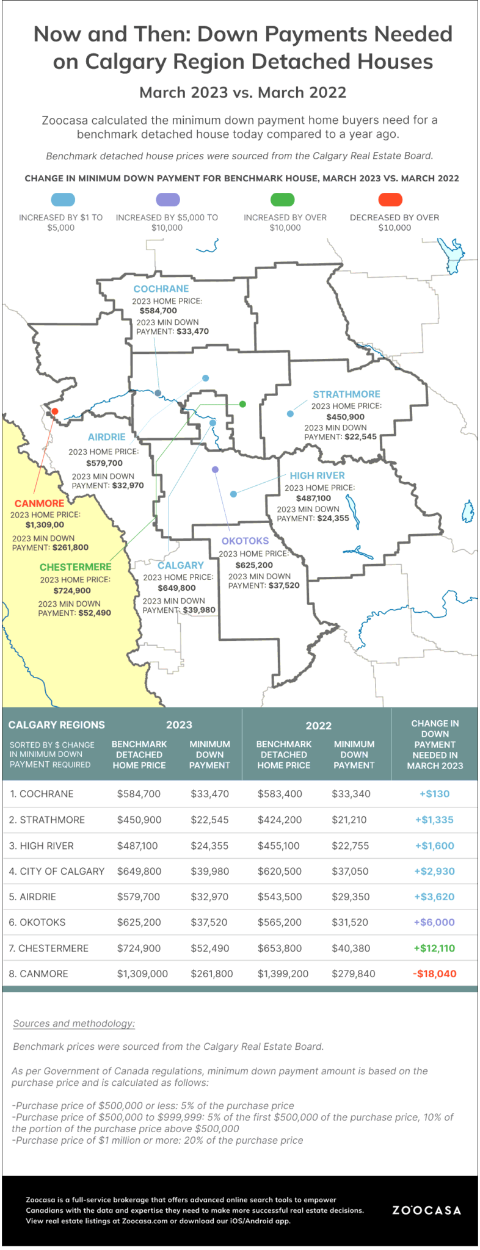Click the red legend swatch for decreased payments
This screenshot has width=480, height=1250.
[x=390, y=200]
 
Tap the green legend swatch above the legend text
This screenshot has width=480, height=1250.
[x=282, y=200]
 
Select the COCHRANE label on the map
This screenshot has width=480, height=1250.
[x=161, y=289]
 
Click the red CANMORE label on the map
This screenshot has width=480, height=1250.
[x=39, y=504]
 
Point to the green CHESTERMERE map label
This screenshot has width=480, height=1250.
[x=76, y=567]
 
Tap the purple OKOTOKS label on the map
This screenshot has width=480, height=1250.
[x=245, y=541]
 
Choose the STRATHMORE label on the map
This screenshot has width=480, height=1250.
[x=346, y=394]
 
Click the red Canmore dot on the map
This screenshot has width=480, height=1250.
[x=55, y=411]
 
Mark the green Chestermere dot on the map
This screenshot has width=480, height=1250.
[x=242, y=404]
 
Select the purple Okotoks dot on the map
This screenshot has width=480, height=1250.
[x=215, y=469]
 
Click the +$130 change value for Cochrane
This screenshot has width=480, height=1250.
[x=434, y=794]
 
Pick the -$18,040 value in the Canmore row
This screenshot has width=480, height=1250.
[x=434, y=974]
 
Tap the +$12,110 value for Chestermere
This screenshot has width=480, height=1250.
[x=434, y=948]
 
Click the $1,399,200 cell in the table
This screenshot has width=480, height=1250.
[x=283, y=974]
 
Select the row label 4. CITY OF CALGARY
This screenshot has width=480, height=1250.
[x=57, y=871]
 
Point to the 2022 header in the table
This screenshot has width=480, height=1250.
[x=318, y=726]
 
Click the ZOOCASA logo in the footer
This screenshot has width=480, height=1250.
[x=426, y=1210]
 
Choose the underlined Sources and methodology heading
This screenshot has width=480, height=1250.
[x=74, y=1024]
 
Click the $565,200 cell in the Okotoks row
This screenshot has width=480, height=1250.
[x=280, y=922]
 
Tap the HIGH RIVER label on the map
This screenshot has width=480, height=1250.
[x=317, y=475]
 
